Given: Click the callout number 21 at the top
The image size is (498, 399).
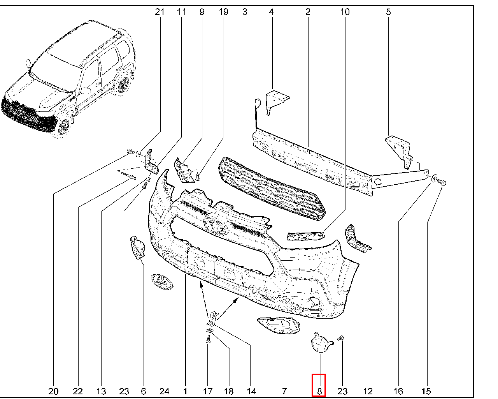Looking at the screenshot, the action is pos(160,12).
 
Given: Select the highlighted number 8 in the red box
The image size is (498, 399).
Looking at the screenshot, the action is pos(319,392).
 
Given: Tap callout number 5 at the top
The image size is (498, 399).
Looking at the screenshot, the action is pos(388,12).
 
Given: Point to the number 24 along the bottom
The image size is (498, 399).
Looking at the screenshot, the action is pos(164,392).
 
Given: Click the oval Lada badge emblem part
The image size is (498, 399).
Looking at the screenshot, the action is pos(162,282).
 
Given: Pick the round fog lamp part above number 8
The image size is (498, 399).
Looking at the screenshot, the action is pos(321,343).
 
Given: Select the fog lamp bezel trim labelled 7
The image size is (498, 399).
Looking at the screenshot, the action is pos(279,326).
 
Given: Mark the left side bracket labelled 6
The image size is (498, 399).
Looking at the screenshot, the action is pos(137,247).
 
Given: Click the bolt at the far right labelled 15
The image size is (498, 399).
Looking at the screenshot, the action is pos(442,182).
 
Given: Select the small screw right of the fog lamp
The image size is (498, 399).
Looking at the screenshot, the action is pos(341,338).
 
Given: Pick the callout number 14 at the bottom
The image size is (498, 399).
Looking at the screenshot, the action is pos(251,392).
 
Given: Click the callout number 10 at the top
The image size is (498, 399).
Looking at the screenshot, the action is pos(345,12).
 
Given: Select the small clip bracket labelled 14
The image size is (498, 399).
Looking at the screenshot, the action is pos(213,318).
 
